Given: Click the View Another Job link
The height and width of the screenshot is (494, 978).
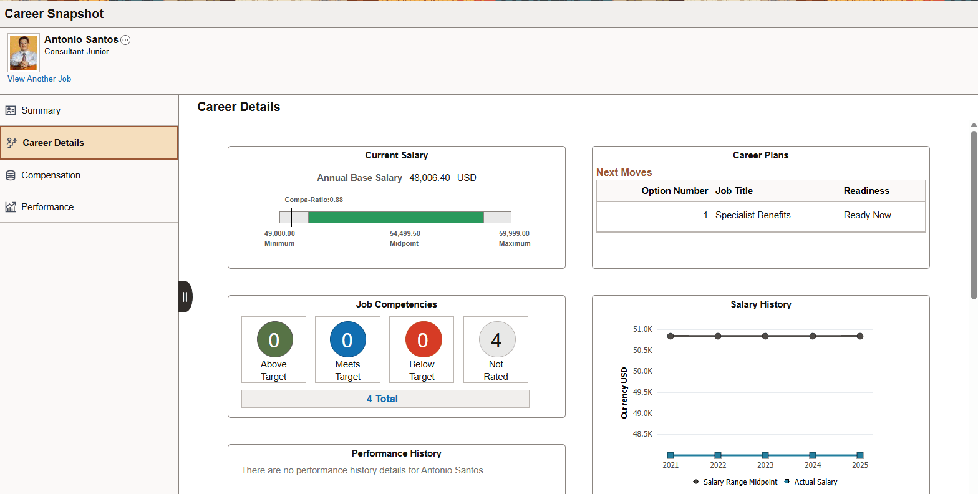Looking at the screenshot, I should pyautogui.click(x=39, y=79).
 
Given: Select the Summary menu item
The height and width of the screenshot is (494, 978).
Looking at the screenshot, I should pyautogui.click(x=41, y=110).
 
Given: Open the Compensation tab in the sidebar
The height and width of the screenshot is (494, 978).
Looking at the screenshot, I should pyautogui.click(x=51, y=175).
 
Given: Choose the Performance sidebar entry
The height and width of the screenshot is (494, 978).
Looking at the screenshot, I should pyautogui.click(x=47, y=207).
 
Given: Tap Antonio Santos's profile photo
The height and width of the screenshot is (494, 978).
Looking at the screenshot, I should pyautogui.click(x=24, y=52).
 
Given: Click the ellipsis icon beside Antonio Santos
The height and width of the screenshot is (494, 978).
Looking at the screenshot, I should pyautogui.click(x=125, y=40).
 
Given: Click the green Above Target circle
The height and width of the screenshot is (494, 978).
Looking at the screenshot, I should pyautogui.click(x=274, y=340).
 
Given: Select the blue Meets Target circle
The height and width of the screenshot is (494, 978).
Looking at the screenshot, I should pyautogui.click(x=347, y=340).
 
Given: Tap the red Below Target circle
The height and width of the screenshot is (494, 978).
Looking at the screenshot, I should pyautogui.click(x=423, y=340).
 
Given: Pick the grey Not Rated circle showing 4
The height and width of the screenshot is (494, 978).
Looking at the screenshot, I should pyautogui.click(x=496, y=340).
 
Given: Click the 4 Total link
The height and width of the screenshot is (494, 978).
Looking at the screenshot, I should pyautogui.click(x=382, y=399).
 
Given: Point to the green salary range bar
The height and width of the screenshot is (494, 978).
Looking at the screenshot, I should pyautogui.click(x=395, y=217).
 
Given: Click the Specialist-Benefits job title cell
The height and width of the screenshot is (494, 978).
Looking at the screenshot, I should pyautogui.click(x=753, y=215).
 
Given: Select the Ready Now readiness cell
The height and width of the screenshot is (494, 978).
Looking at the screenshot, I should pyautogui.click(x=867, y=215).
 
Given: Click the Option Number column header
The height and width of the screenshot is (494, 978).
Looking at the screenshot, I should pyautogui.click(x=674, y=191).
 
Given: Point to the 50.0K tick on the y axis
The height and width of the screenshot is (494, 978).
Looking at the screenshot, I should pyautogui.click(x=642, y=371).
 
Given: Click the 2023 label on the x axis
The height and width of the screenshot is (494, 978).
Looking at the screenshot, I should pyautogui.click(x=765, y=465).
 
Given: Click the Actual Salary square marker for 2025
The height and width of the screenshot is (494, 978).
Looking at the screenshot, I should pyautogui.click(x=860, y=455).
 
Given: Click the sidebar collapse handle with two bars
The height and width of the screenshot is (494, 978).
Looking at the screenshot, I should pyautogui.click(x=185, y=297).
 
